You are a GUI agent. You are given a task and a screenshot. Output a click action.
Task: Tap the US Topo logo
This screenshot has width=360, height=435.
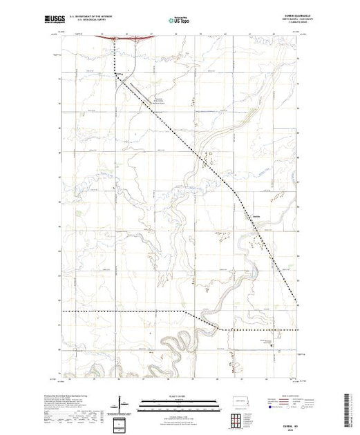180,21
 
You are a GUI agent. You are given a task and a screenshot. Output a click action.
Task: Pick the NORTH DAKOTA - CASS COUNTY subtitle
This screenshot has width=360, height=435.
280,21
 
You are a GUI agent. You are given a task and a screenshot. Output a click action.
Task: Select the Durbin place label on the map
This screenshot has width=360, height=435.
256,213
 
